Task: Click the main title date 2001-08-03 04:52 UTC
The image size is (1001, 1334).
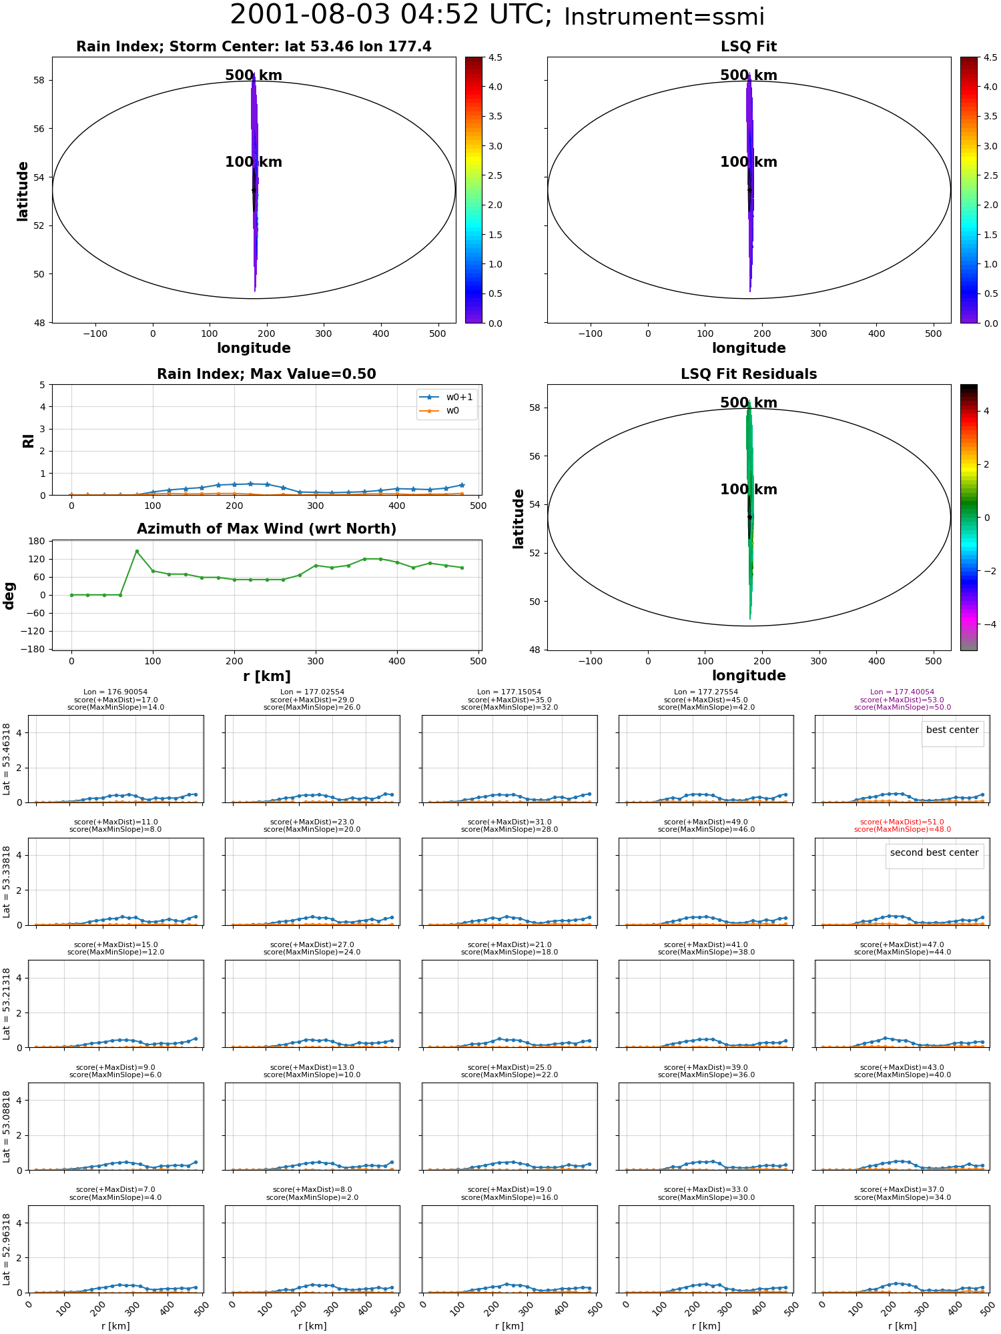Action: click(391, 15)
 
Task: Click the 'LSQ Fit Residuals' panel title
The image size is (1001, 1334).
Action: click(749, 374)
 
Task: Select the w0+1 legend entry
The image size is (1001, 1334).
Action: click(446, 397)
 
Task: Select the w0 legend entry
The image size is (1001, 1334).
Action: click(440, 410)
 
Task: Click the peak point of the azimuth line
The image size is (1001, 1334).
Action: click(137, 551)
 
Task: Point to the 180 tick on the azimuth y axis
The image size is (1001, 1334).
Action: click(36, 541)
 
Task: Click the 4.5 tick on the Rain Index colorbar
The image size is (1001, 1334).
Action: click(494, 57)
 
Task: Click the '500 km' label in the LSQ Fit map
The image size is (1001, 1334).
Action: click(749, 75)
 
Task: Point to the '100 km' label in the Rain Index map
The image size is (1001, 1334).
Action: click(254, 162)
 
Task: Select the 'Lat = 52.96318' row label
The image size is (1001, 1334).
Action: click(7, 1249)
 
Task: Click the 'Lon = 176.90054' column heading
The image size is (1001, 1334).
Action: click(115, 692)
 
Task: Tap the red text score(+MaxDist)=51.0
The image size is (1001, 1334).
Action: click(902, 822)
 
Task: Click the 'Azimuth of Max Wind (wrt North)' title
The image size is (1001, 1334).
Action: click(266, 529)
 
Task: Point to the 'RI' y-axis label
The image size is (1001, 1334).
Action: click(28, 441)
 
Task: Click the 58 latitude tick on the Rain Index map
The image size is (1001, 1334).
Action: click(39, 81)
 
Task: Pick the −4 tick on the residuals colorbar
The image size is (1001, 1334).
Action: click(987, 624)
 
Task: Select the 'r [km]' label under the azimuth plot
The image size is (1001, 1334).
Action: click(267, 676)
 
